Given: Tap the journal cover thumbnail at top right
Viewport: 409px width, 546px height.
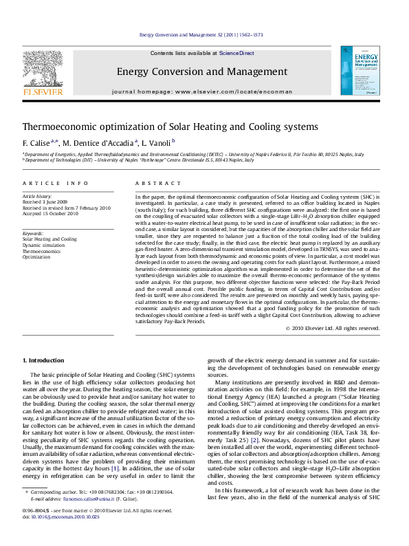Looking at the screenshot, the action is pos(362,67).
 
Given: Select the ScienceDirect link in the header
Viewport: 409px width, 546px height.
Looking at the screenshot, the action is pos(237,53).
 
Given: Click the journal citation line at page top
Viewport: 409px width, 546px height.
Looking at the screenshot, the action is pos(206,34).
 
